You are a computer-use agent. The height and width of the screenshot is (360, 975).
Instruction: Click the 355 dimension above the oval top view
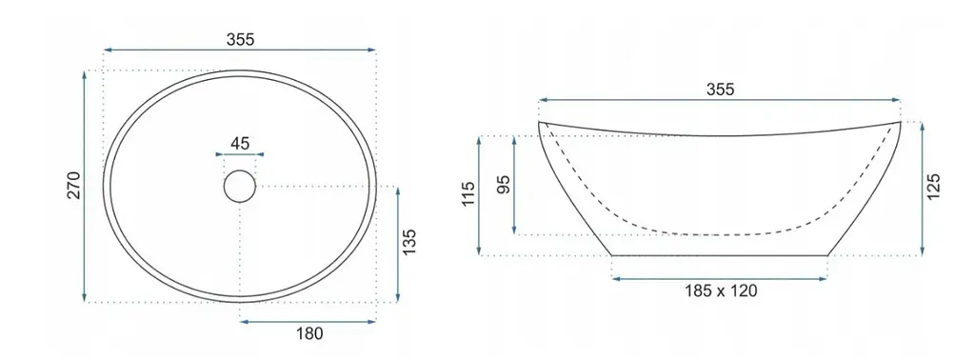(x=240, y=39)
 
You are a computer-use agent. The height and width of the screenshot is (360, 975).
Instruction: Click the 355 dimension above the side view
(x=720, y=90)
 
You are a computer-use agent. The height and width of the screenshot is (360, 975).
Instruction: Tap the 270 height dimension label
(x=74, y=186)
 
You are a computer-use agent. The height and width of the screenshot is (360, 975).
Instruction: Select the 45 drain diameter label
(x=239, y=144)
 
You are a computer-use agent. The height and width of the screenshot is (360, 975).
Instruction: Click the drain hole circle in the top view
(x=239, y=186)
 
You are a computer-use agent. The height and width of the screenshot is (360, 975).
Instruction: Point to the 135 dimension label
(x=408, y=243)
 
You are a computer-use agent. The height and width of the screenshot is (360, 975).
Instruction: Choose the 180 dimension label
(x=309, y=334)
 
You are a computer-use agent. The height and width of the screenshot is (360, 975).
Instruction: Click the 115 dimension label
(x=468, y=194)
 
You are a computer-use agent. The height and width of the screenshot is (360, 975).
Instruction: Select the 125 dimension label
(x=933, y=188)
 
